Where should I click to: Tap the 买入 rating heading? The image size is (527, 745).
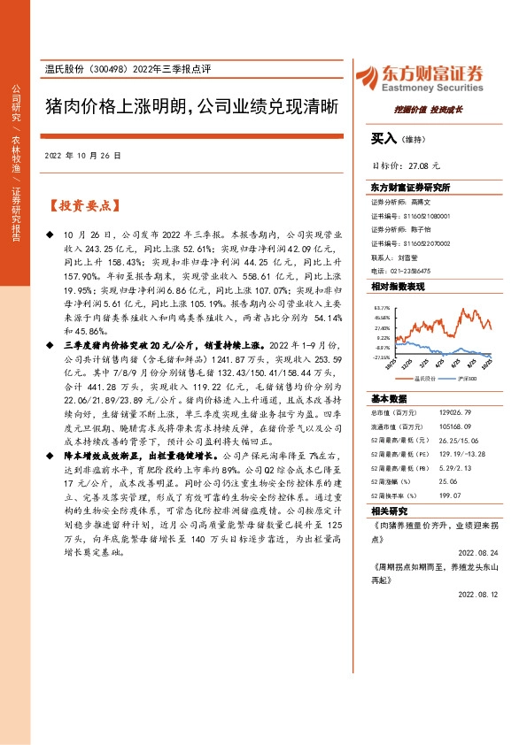pos(384,138)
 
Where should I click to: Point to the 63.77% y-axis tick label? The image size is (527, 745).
pos(383,306)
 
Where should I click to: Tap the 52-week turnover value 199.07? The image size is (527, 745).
pos(438,495)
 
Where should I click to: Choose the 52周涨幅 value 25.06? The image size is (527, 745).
pos(438,480)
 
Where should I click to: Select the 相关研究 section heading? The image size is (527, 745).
pos(387,511)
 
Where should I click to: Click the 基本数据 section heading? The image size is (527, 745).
pos(387,397)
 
